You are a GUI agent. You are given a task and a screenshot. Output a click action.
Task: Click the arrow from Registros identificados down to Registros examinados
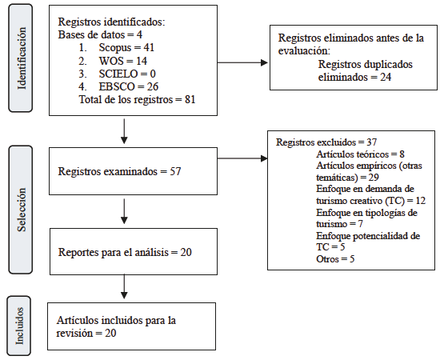[x=124, y=130]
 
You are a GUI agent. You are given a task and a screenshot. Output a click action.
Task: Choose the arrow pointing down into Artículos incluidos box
[x=124, y=285]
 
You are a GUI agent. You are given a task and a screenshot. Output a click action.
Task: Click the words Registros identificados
[x=109, y=22]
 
